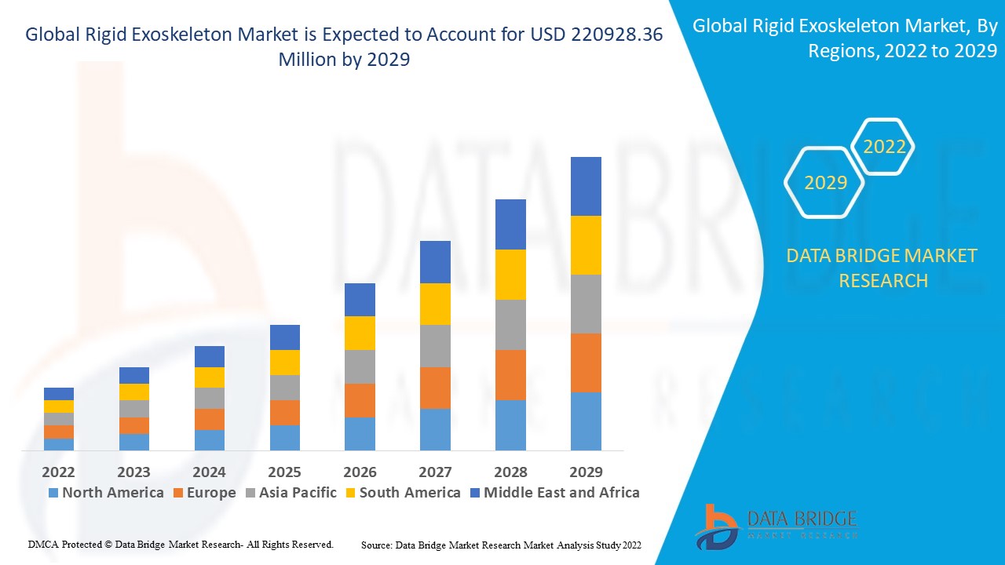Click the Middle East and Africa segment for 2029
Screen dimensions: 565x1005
tap(586, 186)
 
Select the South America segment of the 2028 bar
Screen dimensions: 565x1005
tap(510, 275)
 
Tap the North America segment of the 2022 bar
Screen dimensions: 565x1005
tap(59, 444)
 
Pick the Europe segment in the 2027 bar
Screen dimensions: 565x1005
tap(435, 388)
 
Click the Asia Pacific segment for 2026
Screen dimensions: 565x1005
tap(360, 366)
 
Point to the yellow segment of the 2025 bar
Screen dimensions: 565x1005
tap(285, 363)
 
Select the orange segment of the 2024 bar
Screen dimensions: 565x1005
tap(210, 419)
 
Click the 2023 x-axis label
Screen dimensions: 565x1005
tap(133, 472)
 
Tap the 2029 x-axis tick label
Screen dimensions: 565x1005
tap(586, 472)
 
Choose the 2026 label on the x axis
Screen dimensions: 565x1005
tap(360, 472)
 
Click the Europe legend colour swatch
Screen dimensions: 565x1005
tap(179, 493)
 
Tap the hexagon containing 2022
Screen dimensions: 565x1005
tap(884, 147)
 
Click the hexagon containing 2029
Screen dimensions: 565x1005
tap(825, 183)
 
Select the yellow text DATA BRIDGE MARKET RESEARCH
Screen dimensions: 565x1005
tap(882, 268)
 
